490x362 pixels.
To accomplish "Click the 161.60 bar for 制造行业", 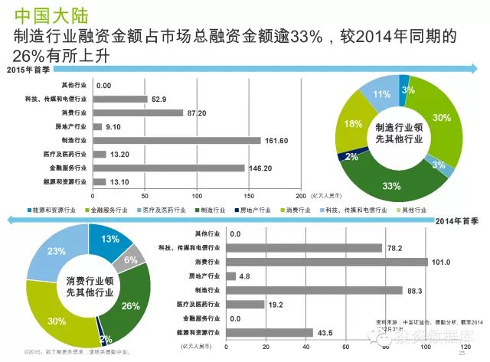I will [176, 141].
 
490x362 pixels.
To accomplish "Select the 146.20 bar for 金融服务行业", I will [168, 168].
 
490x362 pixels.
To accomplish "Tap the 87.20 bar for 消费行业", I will [137, 113].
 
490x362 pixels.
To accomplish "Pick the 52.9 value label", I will [158, 99].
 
